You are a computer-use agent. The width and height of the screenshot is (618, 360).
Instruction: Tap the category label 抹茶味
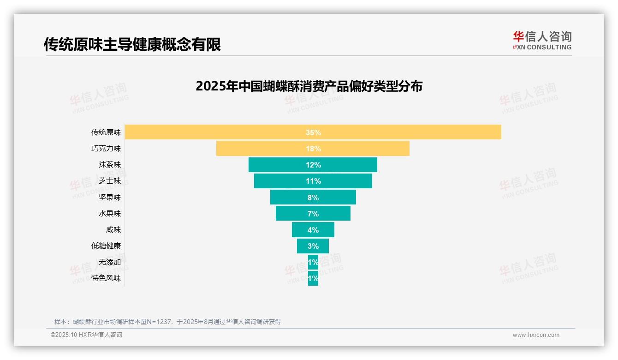tap(110, 165)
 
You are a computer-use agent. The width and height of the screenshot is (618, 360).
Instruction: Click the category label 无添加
tap(110, 262)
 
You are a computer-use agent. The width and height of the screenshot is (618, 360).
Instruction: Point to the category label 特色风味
tap(106, 278)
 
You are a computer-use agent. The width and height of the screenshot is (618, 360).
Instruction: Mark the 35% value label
tap(313, 132)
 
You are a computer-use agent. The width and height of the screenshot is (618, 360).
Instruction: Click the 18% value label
tap(313, 149)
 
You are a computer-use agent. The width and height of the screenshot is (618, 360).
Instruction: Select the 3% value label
tap(313, 246)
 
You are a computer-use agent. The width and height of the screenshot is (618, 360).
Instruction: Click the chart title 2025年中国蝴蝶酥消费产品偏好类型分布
tap(309, 86)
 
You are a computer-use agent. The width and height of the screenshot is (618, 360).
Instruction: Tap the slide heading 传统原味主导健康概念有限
tap(132, 44)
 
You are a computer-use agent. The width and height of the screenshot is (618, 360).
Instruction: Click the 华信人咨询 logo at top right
tap(542, 41)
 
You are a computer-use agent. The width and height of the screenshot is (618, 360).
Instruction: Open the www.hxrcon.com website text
tap(536, 335)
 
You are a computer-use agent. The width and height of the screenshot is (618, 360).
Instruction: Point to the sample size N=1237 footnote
tap(167, 322)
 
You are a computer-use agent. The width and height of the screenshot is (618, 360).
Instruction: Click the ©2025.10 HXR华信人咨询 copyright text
tap(86, 335)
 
